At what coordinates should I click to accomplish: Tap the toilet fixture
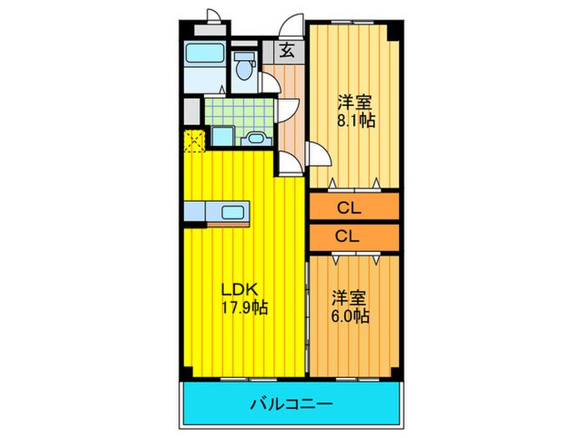coord(244,67)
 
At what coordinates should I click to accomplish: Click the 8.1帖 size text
coord(356,120)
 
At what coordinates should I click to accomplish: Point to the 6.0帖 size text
coord(350,316)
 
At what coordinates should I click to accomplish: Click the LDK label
coord(242,290)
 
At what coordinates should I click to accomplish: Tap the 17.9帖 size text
coord(243,308)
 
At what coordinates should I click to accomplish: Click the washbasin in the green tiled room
coord(256,138)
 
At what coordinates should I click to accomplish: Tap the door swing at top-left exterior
coord(213,15)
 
